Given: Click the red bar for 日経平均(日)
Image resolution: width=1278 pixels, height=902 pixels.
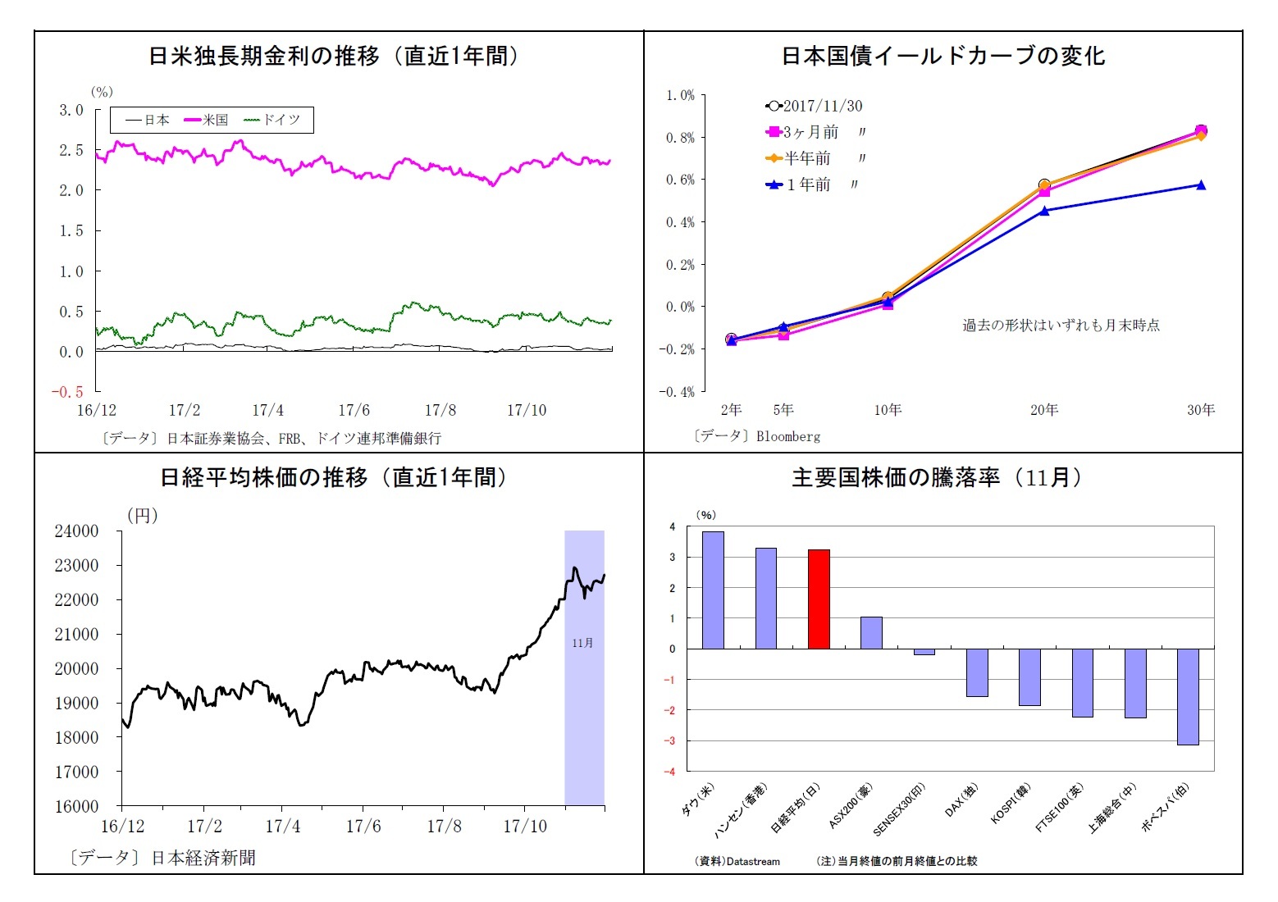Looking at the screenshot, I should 819,599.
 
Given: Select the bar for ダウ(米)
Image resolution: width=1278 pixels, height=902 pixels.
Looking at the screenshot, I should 713,590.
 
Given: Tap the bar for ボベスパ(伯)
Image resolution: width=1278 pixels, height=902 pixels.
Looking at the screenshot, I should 1188,696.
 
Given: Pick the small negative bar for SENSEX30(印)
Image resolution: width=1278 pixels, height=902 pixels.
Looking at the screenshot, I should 924,652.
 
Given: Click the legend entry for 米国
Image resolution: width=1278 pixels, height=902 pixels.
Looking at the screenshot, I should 206,120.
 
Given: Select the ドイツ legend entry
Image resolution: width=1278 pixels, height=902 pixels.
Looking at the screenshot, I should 272,120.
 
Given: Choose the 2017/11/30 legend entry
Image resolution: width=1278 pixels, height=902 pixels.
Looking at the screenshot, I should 814,106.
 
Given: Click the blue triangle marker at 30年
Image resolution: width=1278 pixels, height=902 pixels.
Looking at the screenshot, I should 1201,185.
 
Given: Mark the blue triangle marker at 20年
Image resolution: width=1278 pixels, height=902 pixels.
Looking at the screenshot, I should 1044,211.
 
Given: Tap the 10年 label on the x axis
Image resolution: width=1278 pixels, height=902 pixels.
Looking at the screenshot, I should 888,410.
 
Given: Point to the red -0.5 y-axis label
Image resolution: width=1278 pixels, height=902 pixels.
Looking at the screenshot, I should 67,392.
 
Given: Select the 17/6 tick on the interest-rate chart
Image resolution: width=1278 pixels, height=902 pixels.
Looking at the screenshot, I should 354,410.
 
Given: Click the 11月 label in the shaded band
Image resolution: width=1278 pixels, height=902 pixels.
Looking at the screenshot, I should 582,643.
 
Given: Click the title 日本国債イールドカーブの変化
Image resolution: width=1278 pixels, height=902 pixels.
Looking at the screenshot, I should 943,56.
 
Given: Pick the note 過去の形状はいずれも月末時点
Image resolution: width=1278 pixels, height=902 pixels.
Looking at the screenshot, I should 1061,326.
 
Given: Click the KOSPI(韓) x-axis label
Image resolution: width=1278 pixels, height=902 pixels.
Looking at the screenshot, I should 1011,804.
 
